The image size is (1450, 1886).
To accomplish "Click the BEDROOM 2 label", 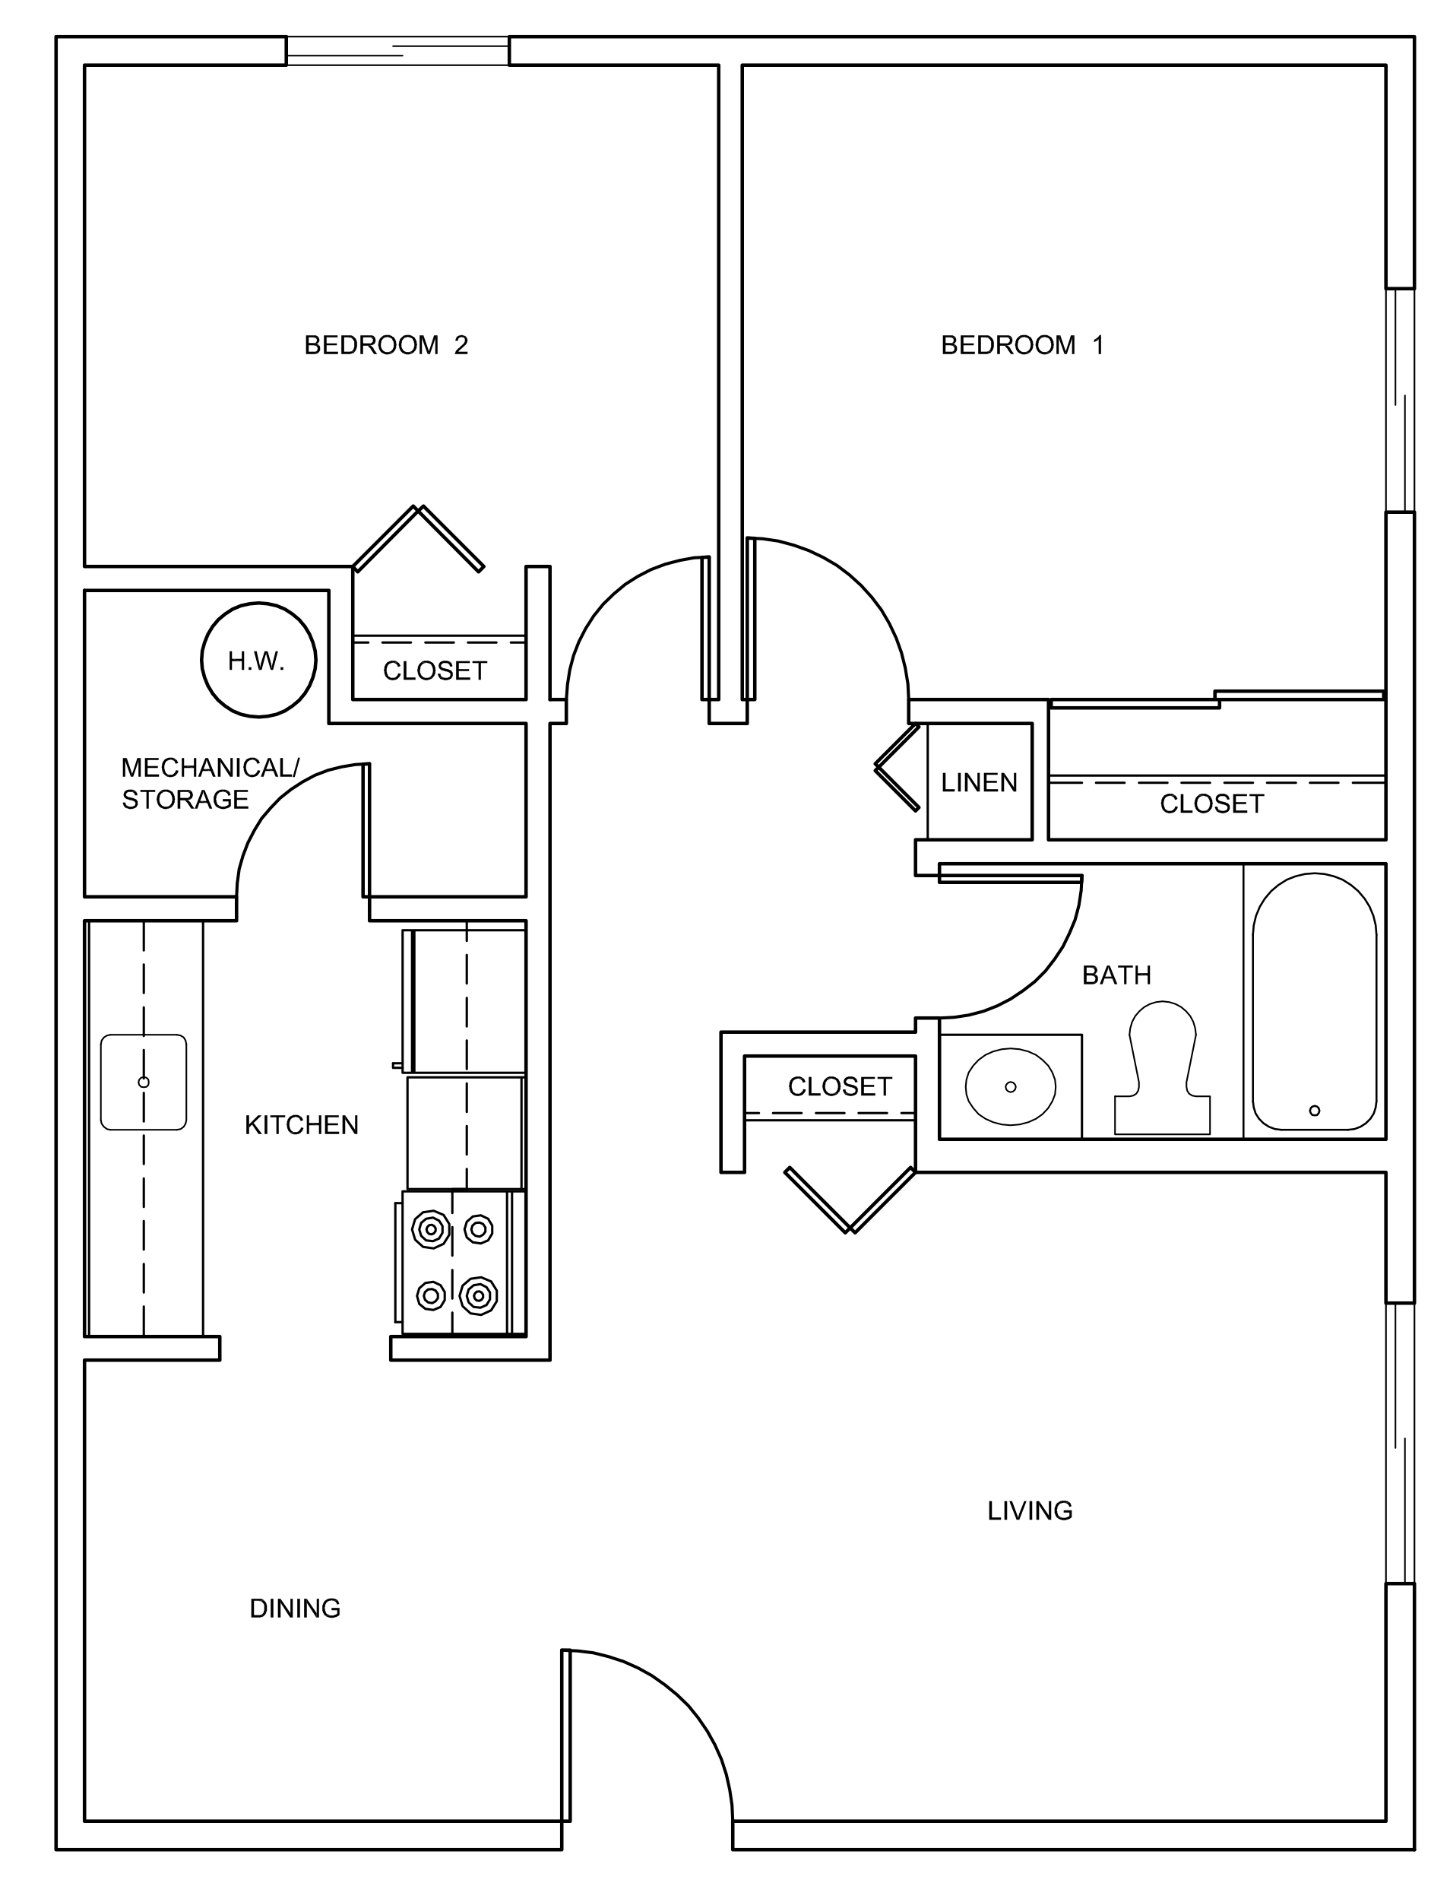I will [x=386, y=345].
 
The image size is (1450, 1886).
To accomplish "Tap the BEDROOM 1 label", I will [x=1022, y=345].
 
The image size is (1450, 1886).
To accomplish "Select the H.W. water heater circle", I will [x=258, y=661].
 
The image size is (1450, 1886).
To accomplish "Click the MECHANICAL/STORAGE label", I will [x=209, y=783].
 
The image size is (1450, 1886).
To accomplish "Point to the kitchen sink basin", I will [x=144, y=1082].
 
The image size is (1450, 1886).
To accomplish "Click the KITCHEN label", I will [x=301, y=1125].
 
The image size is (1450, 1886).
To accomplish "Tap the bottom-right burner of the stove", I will [x=478, y=1295].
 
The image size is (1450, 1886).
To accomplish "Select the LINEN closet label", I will [x=979, y=783].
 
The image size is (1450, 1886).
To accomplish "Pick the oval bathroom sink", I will [x=1010, y=1087].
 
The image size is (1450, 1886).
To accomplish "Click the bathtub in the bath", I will [x=1314, y=1001].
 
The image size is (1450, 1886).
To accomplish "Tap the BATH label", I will [x=1116, y=975].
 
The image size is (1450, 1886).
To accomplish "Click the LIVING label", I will [x=1030, y=1510].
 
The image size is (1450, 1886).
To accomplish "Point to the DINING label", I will [x=295, y=1608].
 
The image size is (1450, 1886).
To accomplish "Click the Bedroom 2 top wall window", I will [x=397, y=50].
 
